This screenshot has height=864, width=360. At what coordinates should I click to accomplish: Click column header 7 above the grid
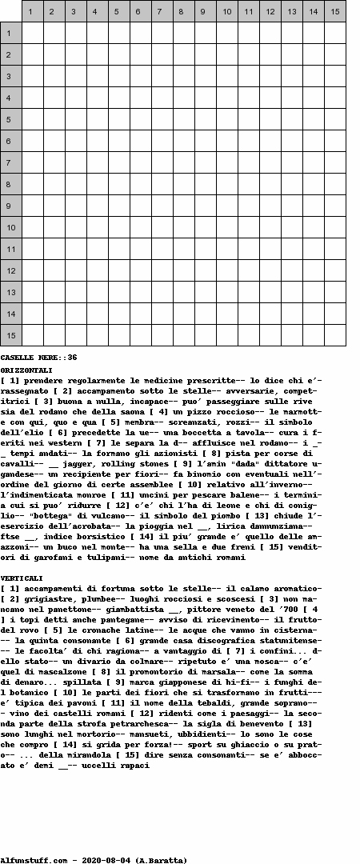(x=162, y=11)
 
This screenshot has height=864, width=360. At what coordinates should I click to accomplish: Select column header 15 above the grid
(x=334, y=11)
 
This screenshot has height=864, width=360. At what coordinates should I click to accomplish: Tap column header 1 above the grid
(x=32, y=11)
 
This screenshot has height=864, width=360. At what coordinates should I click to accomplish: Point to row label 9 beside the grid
(x=10, y=206)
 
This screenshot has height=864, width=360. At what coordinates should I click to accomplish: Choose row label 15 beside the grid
(x=10, y=335)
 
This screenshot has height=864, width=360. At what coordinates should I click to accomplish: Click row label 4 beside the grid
(x=10, y=98)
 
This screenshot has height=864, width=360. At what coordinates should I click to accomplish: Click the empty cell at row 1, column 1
(x=32, y=33)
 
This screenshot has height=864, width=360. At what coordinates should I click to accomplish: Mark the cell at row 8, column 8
(x=183, y=184)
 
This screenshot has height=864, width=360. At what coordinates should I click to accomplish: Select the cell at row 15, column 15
(x=334, y=335)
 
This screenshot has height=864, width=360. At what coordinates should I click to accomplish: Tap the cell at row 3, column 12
(x=270, y=76)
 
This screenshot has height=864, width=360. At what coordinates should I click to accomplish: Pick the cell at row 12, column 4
(x=97, y=270)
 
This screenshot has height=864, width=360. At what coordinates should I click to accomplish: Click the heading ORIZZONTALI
(x=26, y=370)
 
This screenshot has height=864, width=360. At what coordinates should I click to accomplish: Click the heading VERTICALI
(x=22, y=578)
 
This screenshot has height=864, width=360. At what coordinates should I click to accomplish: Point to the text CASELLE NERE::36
(x=38, y=358)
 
